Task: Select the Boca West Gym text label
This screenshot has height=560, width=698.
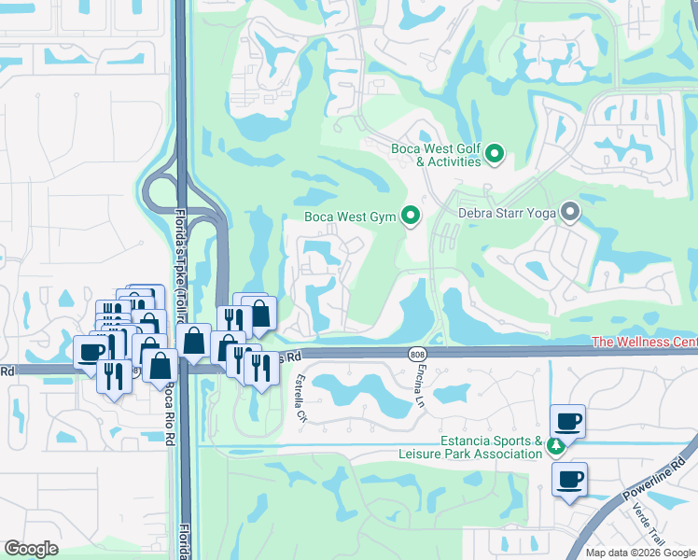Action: coord(351,217)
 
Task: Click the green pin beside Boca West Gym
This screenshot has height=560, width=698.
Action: coord(410,217)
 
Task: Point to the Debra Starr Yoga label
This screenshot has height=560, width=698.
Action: coord(507,214)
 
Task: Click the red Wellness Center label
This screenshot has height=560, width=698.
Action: coord(644,343)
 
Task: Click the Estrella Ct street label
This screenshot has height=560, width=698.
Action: coord(300,397)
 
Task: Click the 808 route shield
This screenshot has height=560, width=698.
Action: coord(417,354)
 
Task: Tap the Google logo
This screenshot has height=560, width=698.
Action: coord(31,549)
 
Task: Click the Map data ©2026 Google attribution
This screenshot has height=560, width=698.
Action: coord(639,553)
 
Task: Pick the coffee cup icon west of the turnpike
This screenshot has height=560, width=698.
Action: coord(91,352)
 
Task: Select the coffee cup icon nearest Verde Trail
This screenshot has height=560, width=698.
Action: coord(568,480)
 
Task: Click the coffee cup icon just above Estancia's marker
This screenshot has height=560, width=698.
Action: coord(568,421)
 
